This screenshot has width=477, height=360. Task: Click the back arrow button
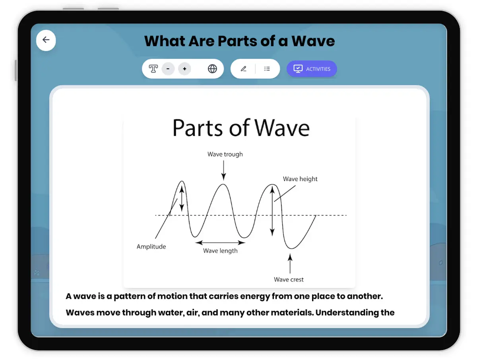[46, 41]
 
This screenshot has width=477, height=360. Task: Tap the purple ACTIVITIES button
[312, 69]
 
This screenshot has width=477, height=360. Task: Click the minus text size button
[168, 69]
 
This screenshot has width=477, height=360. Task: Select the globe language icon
[212, 69]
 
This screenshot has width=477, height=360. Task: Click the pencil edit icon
[244, 69]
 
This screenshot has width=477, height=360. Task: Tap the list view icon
[267, 69]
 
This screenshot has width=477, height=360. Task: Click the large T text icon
[153, 69]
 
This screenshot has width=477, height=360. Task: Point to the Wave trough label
[225, 154]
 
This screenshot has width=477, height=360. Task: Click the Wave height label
[300, 179]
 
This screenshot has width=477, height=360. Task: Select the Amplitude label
[151, 246]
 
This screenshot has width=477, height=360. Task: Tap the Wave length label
[220, 251]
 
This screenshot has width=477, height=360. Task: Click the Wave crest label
[289, 279]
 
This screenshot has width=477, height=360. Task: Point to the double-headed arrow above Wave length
[220, 242]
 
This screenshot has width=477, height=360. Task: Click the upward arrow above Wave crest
[290, 263]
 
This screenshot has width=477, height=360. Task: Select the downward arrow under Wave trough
[224, 170]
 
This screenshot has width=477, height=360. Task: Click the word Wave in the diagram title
[282, 128]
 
